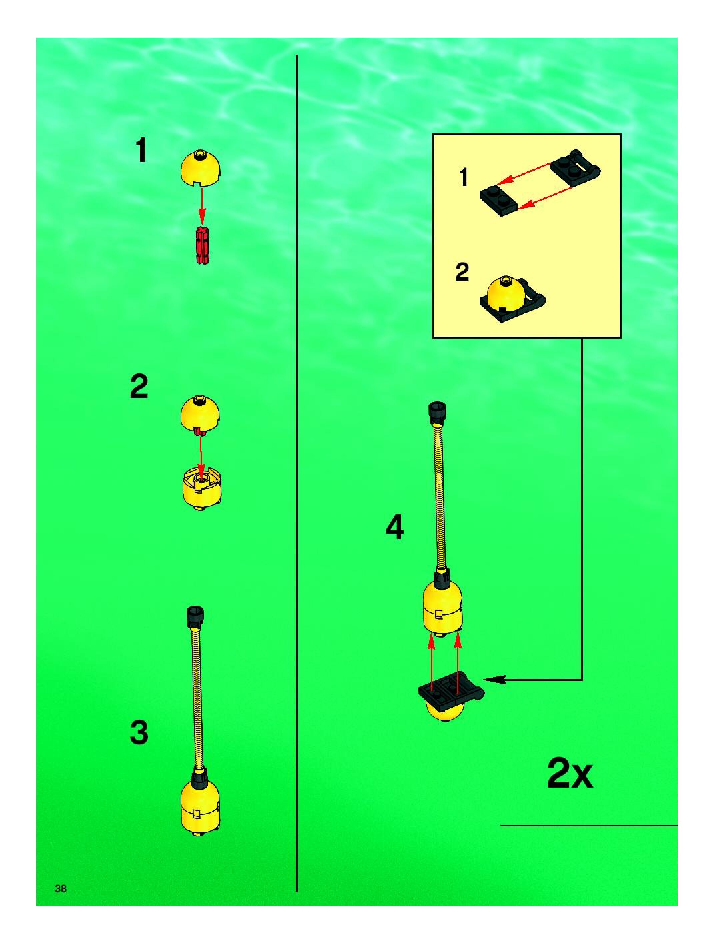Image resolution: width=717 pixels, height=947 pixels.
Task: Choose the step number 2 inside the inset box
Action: [x=462, y=272]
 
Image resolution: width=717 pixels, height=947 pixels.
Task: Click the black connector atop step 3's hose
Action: [x=195, y=618]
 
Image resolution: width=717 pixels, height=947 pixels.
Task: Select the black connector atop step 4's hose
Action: [x=437, y=412]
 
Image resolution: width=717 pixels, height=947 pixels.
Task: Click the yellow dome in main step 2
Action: [x=200, y=415]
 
